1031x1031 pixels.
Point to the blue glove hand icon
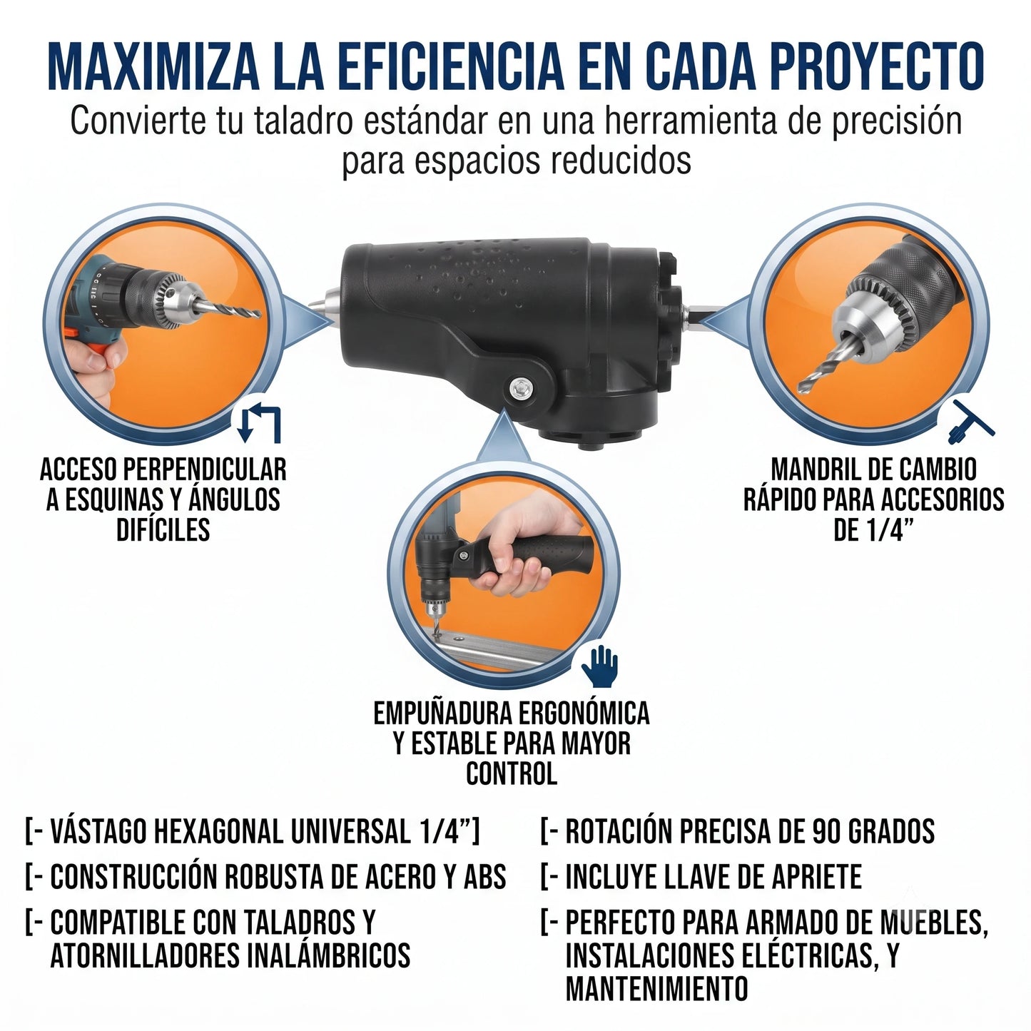coord(599,666)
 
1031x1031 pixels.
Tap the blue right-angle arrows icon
coord(260,422)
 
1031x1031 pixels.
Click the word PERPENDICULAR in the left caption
coord(205,469)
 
